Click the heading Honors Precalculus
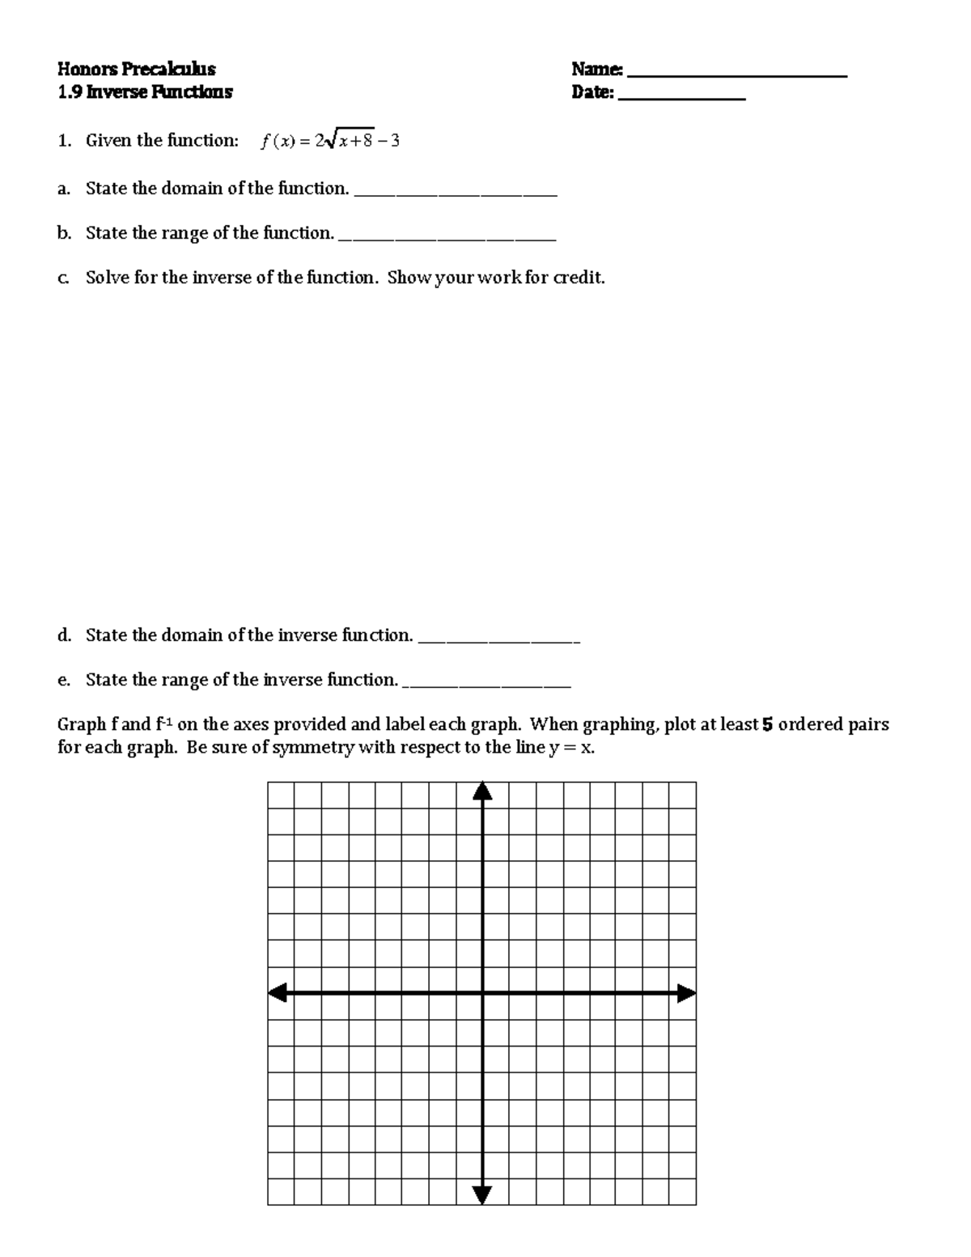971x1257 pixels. click(x=136, y=69)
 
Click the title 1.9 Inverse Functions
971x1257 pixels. click(x=145, y=92)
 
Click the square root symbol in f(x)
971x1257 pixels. click(x=326, y=142)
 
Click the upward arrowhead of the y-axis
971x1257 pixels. click(x=482, y=790)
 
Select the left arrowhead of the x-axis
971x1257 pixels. click(x=278, y=992)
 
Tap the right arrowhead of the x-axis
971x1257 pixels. click(x=686, y=992)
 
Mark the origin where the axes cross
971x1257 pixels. click(x=482, y=992)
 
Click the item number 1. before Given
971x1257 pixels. click(x=65, y=141)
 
